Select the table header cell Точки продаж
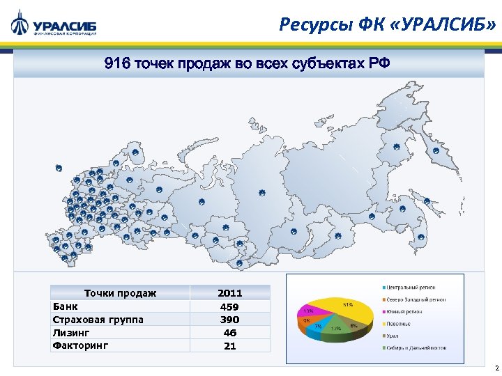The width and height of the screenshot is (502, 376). tap(120, 293)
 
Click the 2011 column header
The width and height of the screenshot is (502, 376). tap(229, 293)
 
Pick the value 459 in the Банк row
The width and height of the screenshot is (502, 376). tap(229, 306)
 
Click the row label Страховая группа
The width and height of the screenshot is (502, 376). tap(98, 320)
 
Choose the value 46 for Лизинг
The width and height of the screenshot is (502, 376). tap(229, 333)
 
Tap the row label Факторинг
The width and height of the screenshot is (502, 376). tap(81, 345)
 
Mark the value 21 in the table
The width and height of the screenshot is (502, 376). tap(229, 345)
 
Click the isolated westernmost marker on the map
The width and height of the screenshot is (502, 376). tap(59, 168)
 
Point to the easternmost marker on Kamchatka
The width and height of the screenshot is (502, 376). tap(436, 150)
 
